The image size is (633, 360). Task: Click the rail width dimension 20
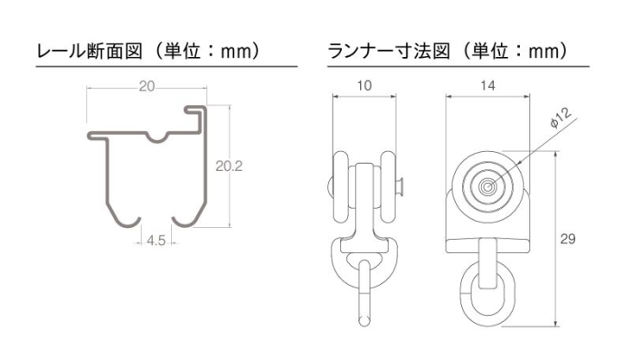pyautogui.click(x=146, y=86)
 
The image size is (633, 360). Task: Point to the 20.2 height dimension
pyautogui.click(x=229, y=166)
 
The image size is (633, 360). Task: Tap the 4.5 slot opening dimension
pyautogui.click(x=156, y=241)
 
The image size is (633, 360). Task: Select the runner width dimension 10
pyautogui.click(x=364, y=86)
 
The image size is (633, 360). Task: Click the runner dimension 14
pyautogui.click(x=487, y=86)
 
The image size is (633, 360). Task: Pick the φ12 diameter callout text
pyautogui.click(x=562, y=118)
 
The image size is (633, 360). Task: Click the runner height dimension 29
pyautogui.click(x=568, y=239)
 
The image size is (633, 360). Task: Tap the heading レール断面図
pyautogui.click(x=90, y=52)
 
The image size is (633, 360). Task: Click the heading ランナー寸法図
pyautogui.click(x=388, y=52)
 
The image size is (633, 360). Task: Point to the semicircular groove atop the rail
pyautogui.click(x=157, y=139)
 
